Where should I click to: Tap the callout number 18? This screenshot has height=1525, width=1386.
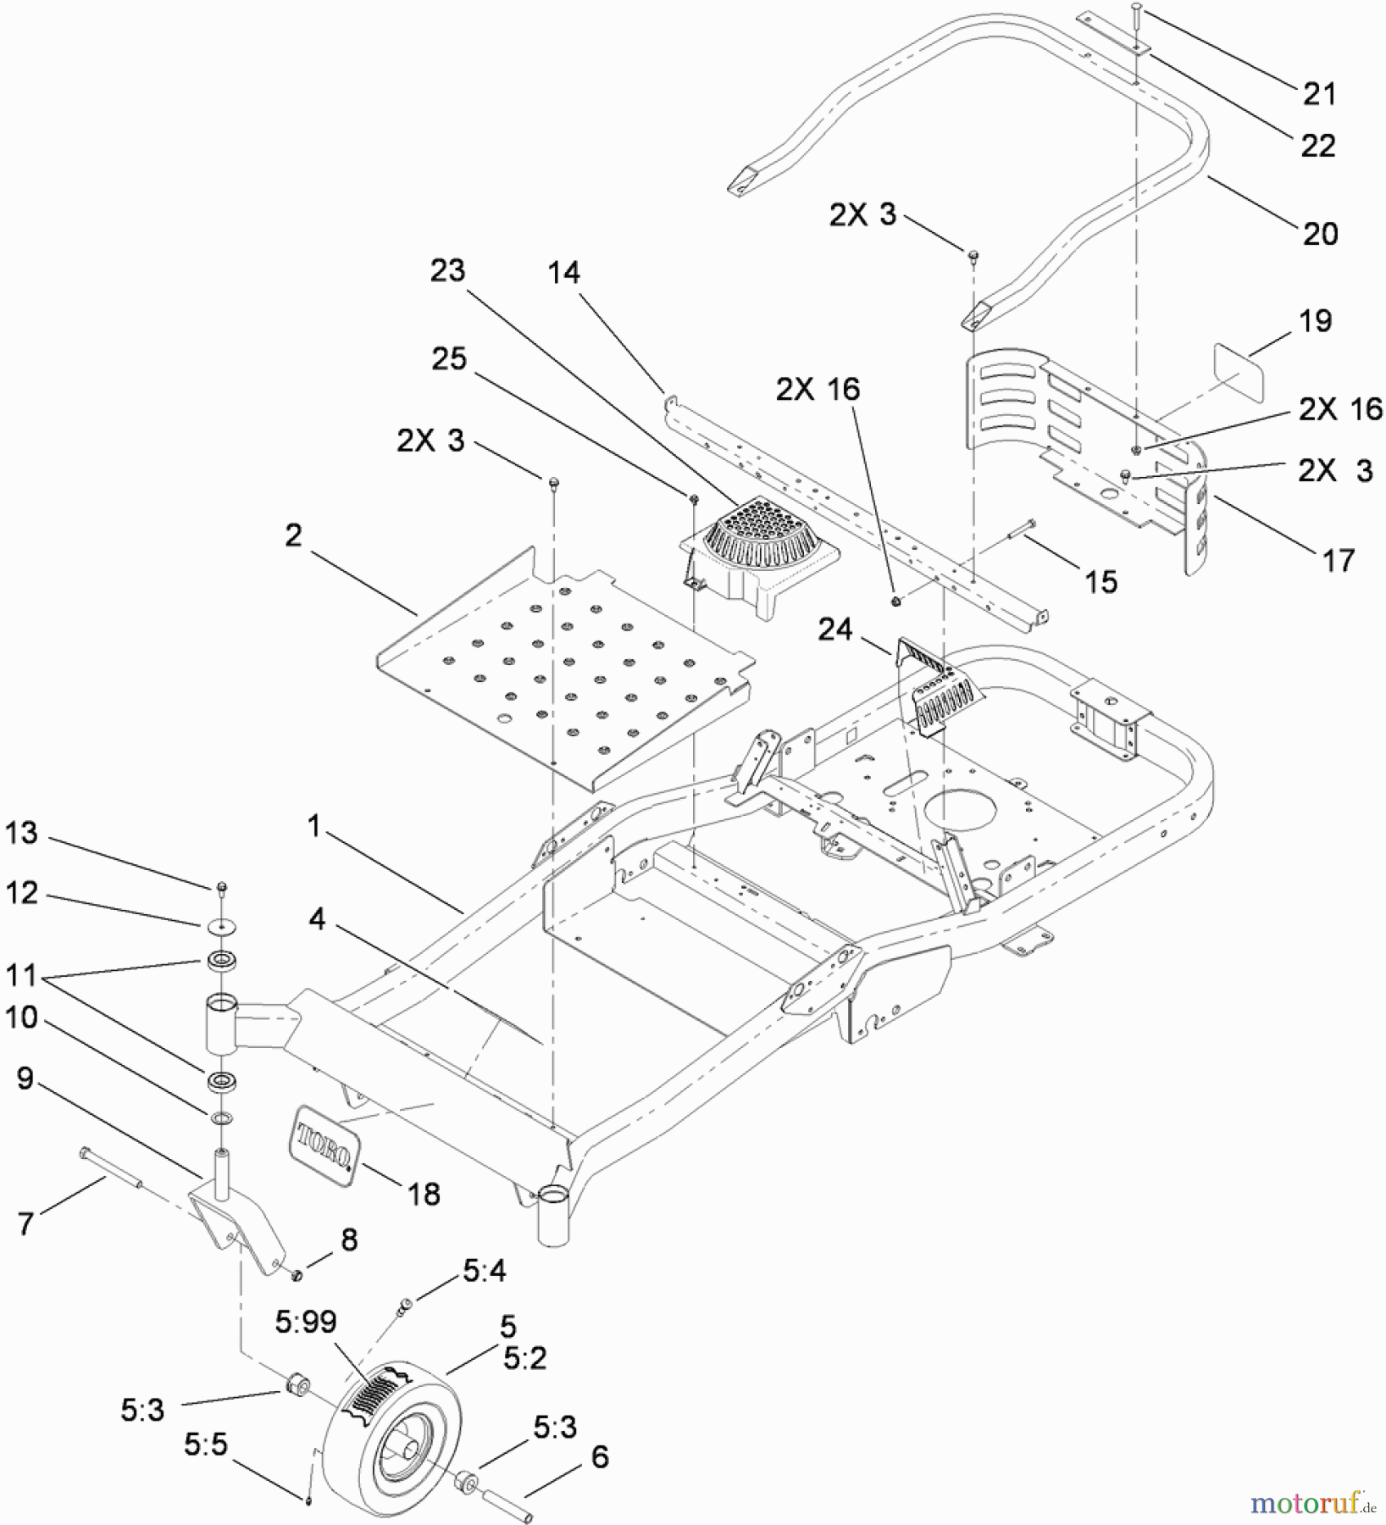(424, 1194)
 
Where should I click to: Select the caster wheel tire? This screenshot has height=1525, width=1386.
(391, 1433)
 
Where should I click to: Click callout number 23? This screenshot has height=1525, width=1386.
(447, 270)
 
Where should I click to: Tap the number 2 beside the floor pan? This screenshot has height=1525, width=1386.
(293, 535)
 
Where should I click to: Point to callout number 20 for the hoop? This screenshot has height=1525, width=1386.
(1320, 233)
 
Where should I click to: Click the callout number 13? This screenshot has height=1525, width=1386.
(22, 833)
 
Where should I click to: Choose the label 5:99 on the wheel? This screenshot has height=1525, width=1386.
(306, 1322)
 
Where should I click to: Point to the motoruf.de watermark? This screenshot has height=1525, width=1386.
(1312, 1503)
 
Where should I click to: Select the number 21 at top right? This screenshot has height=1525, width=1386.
(1319, 93)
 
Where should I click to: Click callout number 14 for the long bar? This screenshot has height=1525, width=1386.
(563, 272)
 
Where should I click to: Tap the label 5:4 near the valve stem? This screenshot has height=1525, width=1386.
(485, 1270)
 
